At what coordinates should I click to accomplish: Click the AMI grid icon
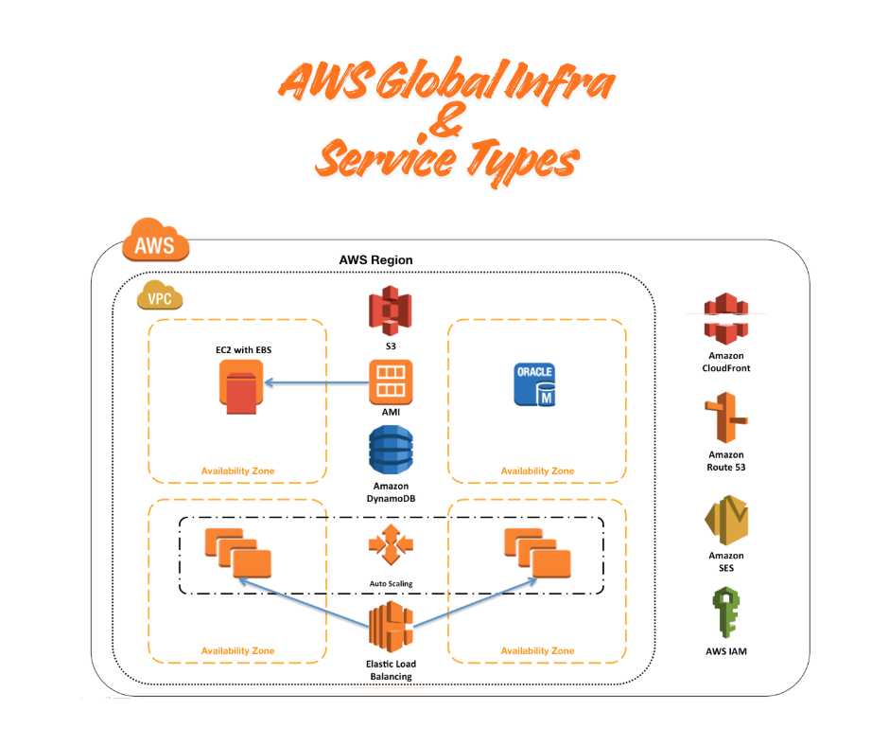pyautogui.click(x=390, y=381)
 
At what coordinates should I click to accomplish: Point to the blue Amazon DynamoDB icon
pyautogui.click(x=390, y=450)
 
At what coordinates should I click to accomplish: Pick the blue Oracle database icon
pyautogui.click(x=534, y=384)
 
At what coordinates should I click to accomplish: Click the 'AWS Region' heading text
pyautogui.click(x=375, y=260)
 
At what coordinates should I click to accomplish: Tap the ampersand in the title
pyautogui.click(x=445, y=127)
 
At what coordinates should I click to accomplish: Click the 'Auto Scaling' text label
pyautogui.click(x=391, y=583)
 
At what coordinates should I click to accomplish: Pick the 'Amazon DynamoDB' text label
pyautogui.click(x=390, y=492)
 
